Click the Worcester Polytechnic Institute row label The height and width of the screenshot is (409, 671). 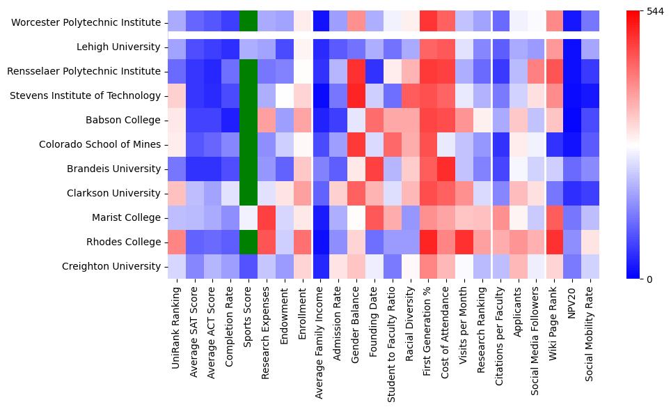coord(86,23)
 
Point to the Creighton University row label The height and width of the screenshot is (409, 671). coord(111,267)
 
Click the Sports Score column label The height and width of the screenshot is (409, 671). coord(249,321)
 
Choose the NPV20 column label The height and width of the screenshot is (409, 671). coord(572,300)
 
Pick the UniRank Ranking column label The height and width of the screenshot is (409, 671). coord(177,327)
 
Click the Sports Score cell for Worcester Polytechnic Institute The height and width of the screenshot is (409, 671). coord(249,23)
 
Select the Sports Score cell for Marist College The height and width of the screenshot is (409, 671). coord(249,218)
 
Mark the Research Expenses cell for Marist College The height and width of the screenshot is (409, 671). coord(267,218)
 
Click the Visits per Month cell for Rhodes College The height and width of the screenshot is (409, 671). coord(464,242)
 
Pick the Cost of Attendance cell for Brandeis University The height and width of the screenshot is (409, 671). coord(447,169)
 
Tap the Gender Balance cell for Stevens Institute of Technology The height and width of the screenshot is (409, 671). coord(357,96)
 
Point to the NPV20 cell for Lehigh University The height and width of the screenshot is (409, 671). coord(572,47)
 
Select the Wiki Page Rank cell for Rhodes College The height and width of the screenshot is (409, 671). coord(555,242)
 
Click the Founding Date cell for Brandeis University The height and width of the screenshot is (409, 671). coord(375,169)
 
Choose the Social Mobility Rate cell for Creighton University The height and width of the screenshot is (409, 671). coord(590,267)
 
